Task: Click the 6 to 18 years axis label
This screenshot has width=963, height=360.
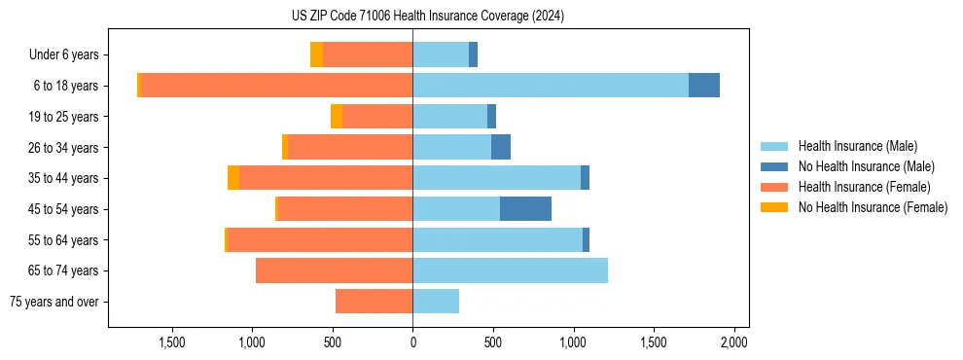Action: tap(65, 86)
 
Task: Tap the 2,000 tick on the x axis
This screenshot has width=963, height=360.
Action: tap(733, 342)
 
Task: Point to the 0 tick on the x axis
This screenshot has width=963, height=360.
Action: tap(412, 342)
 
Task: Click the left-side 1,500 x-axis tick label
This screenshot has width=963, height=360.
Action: tap(171, 342)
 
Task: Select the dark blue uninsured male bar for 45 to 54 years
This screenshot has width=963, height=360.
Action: tap(525, 209)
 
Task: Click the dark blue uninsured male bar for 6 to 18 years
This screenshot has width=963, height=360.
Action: tap(704, 86)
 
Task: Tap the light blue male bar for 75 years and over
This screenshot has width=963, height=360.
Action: tap(436, 302)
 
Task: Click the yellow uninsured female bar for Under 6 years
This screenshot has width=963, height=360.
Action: tap(316, 54)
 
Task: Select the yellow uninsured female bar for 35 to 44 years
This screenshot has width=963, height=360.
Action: tap(233, 178)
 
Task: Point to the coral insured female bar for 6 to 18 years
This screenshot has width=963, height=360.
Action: tap(277, 86)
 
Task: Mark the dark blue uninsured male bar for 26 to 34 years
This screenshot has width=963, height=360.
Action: tap(501, 147)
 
